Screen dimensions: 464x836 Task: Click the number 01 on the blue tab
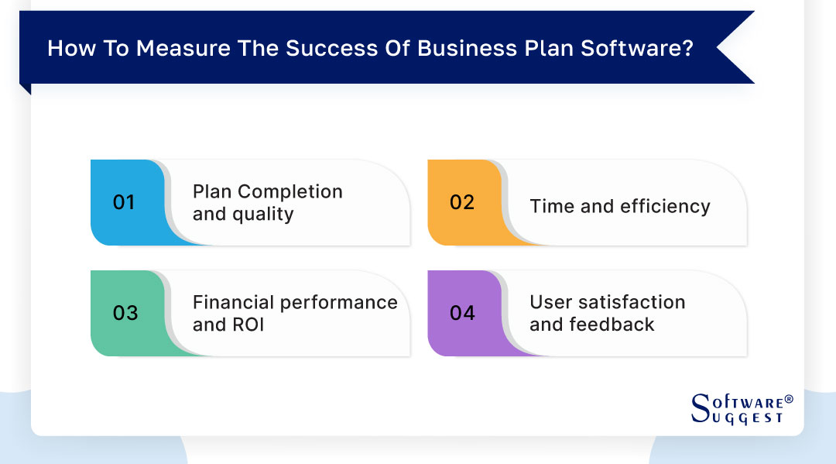click(x=124, y=202)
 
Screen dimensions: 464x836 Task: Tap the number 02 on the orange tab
click(x=461, y=202)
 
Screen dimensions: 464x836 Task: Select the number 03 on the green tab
click(x=125, y=313)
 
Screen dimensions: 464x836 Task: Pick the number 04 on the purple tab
click(x=462, y=313)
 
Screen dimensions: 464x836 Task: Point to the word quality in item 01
click(x=264, y=214)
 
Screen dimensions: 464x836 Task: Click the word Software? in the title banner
click(x=641, y=48)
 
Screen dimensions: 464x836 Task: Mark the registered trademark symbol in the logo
click(x=789, y=399)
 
